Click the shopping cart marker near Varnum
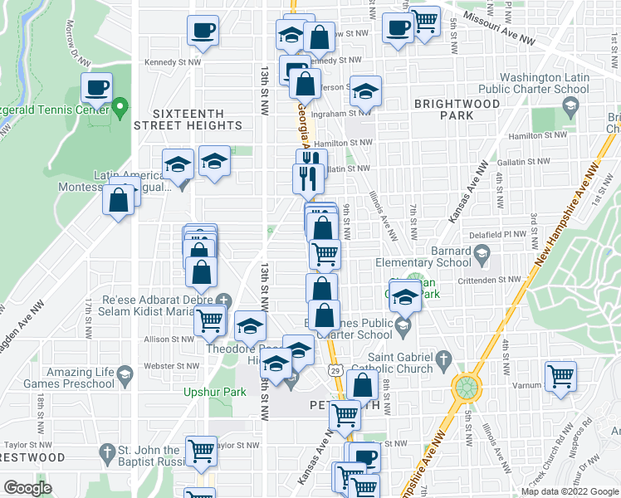pyautogui.click(x=561, y=376)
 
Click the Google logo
pyautogui.click(x=28, y=488)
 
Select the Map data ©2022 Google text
pyautogui.click(x=570, y=491)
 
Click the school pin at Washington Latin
pyautogui.click(x=570, y=106)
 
